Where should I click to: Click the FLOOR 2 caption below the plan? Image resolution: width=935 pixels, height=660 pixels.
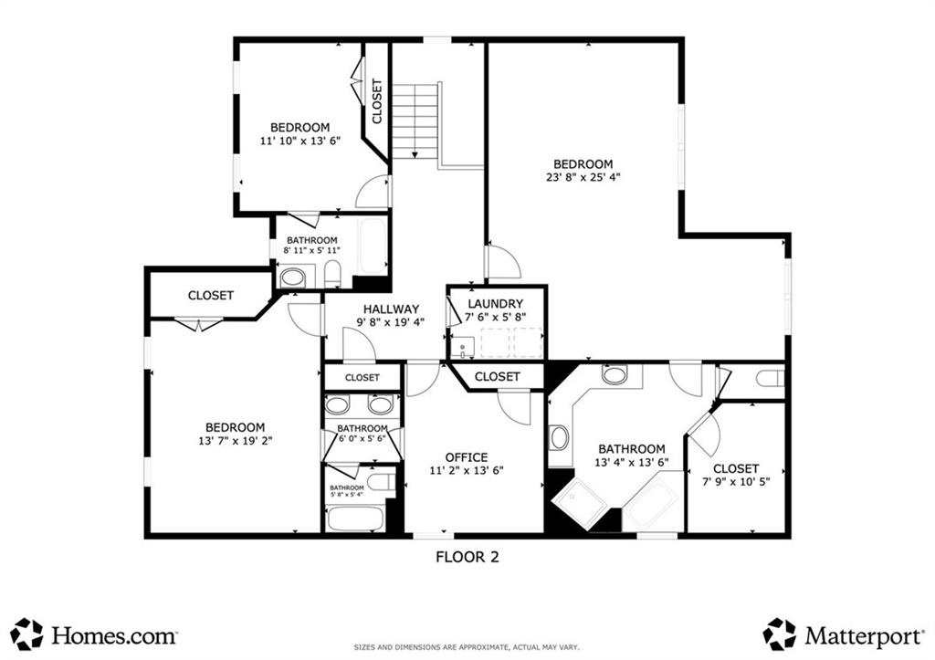[467, 556]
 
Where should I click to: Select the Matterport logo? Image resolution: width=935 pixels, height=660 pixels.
[844, 633]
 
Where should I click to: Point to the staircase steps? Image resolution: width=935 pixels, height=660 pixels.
[419, 119]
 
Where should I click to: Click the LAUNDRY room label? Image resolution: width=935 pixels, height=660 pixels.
[495, 304]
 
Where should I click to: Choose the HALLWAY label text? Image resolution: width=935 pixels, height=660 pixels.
[391, 309]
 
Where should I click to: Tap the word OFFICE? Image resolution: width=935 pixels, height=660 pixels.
[467, 457]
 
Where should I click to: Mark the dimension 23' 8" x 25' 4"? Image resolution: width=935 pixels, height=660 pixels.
[583, 178]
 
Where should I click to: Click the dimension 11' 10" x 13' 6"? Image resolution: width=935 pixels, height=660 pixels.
[300, 141]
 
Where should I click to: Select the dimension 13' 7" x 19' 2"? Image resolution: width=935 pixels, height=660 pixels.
[235, 441]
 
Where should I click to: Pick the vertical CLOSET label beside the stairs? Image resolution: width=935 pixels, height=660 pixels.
[377, 100]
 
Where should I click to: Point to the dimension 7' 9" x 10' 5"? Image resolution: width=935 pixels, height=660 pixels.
[736, 481]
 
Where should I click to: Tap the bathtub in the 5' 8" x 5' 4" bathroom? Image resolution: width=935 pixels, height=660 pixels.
[354, 519]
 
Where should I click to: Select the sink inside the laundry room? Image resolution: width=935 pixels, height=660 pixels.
[463, 346]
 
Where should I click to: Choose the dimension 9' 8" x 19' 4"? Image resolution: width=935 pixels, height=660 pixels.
[391, 322]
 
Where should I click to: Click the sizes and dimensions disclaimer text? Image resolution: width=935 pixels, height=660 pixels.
[467, 646]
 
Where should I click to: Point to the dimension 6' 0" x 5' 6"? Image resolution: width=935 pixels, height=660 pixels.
[362, 439]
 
